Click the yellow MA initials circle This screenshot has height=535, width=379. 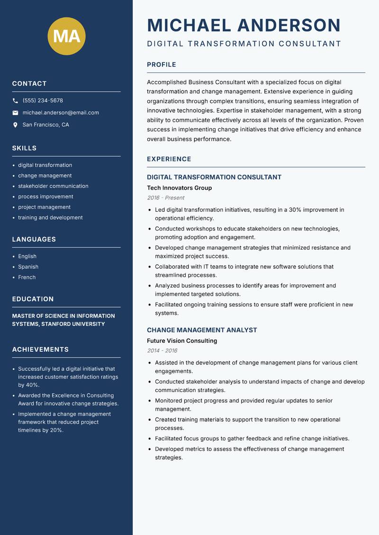(67, 36)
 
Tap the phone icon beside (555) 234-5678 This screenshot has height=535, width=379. (15, 101)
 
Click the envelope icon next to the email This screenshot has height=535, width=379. (15, 113)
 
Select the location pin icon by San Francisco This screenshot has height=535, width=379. (15, 125)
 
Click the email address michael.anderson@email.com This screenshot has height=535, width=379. (61, 113)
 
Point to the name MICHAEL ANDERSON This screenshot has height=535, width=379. (244, 25)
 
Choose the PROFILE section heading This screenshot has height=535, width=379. (161, 64)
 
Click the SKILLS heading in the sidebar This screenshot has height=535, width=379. (24, 148)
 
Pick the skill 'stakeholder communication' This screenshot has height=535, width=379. (53, 186)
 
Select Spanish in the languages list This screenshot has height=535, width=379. (28, 267)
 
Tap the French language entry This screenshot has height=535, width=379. (27, 277)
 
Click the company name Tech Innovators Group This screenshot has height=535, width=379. (179, 188)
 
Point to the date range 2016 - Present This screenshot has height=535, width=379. (165, 198)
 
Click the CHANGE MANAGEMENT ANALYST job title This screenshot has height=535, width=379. (202, 330)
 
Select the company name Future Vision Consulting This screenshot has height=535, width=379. (181, 341)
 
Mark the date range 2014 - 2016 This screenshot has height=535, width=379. (162, 351)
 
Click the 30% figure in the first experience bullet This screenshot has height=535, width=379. (295, 210)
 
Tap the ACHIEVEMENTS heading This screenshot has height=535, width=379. (40, 349)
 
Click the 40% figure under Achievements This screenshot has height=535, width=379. (32, 385)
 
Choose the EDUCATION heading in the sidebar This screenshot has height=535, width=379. (33, 299)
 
